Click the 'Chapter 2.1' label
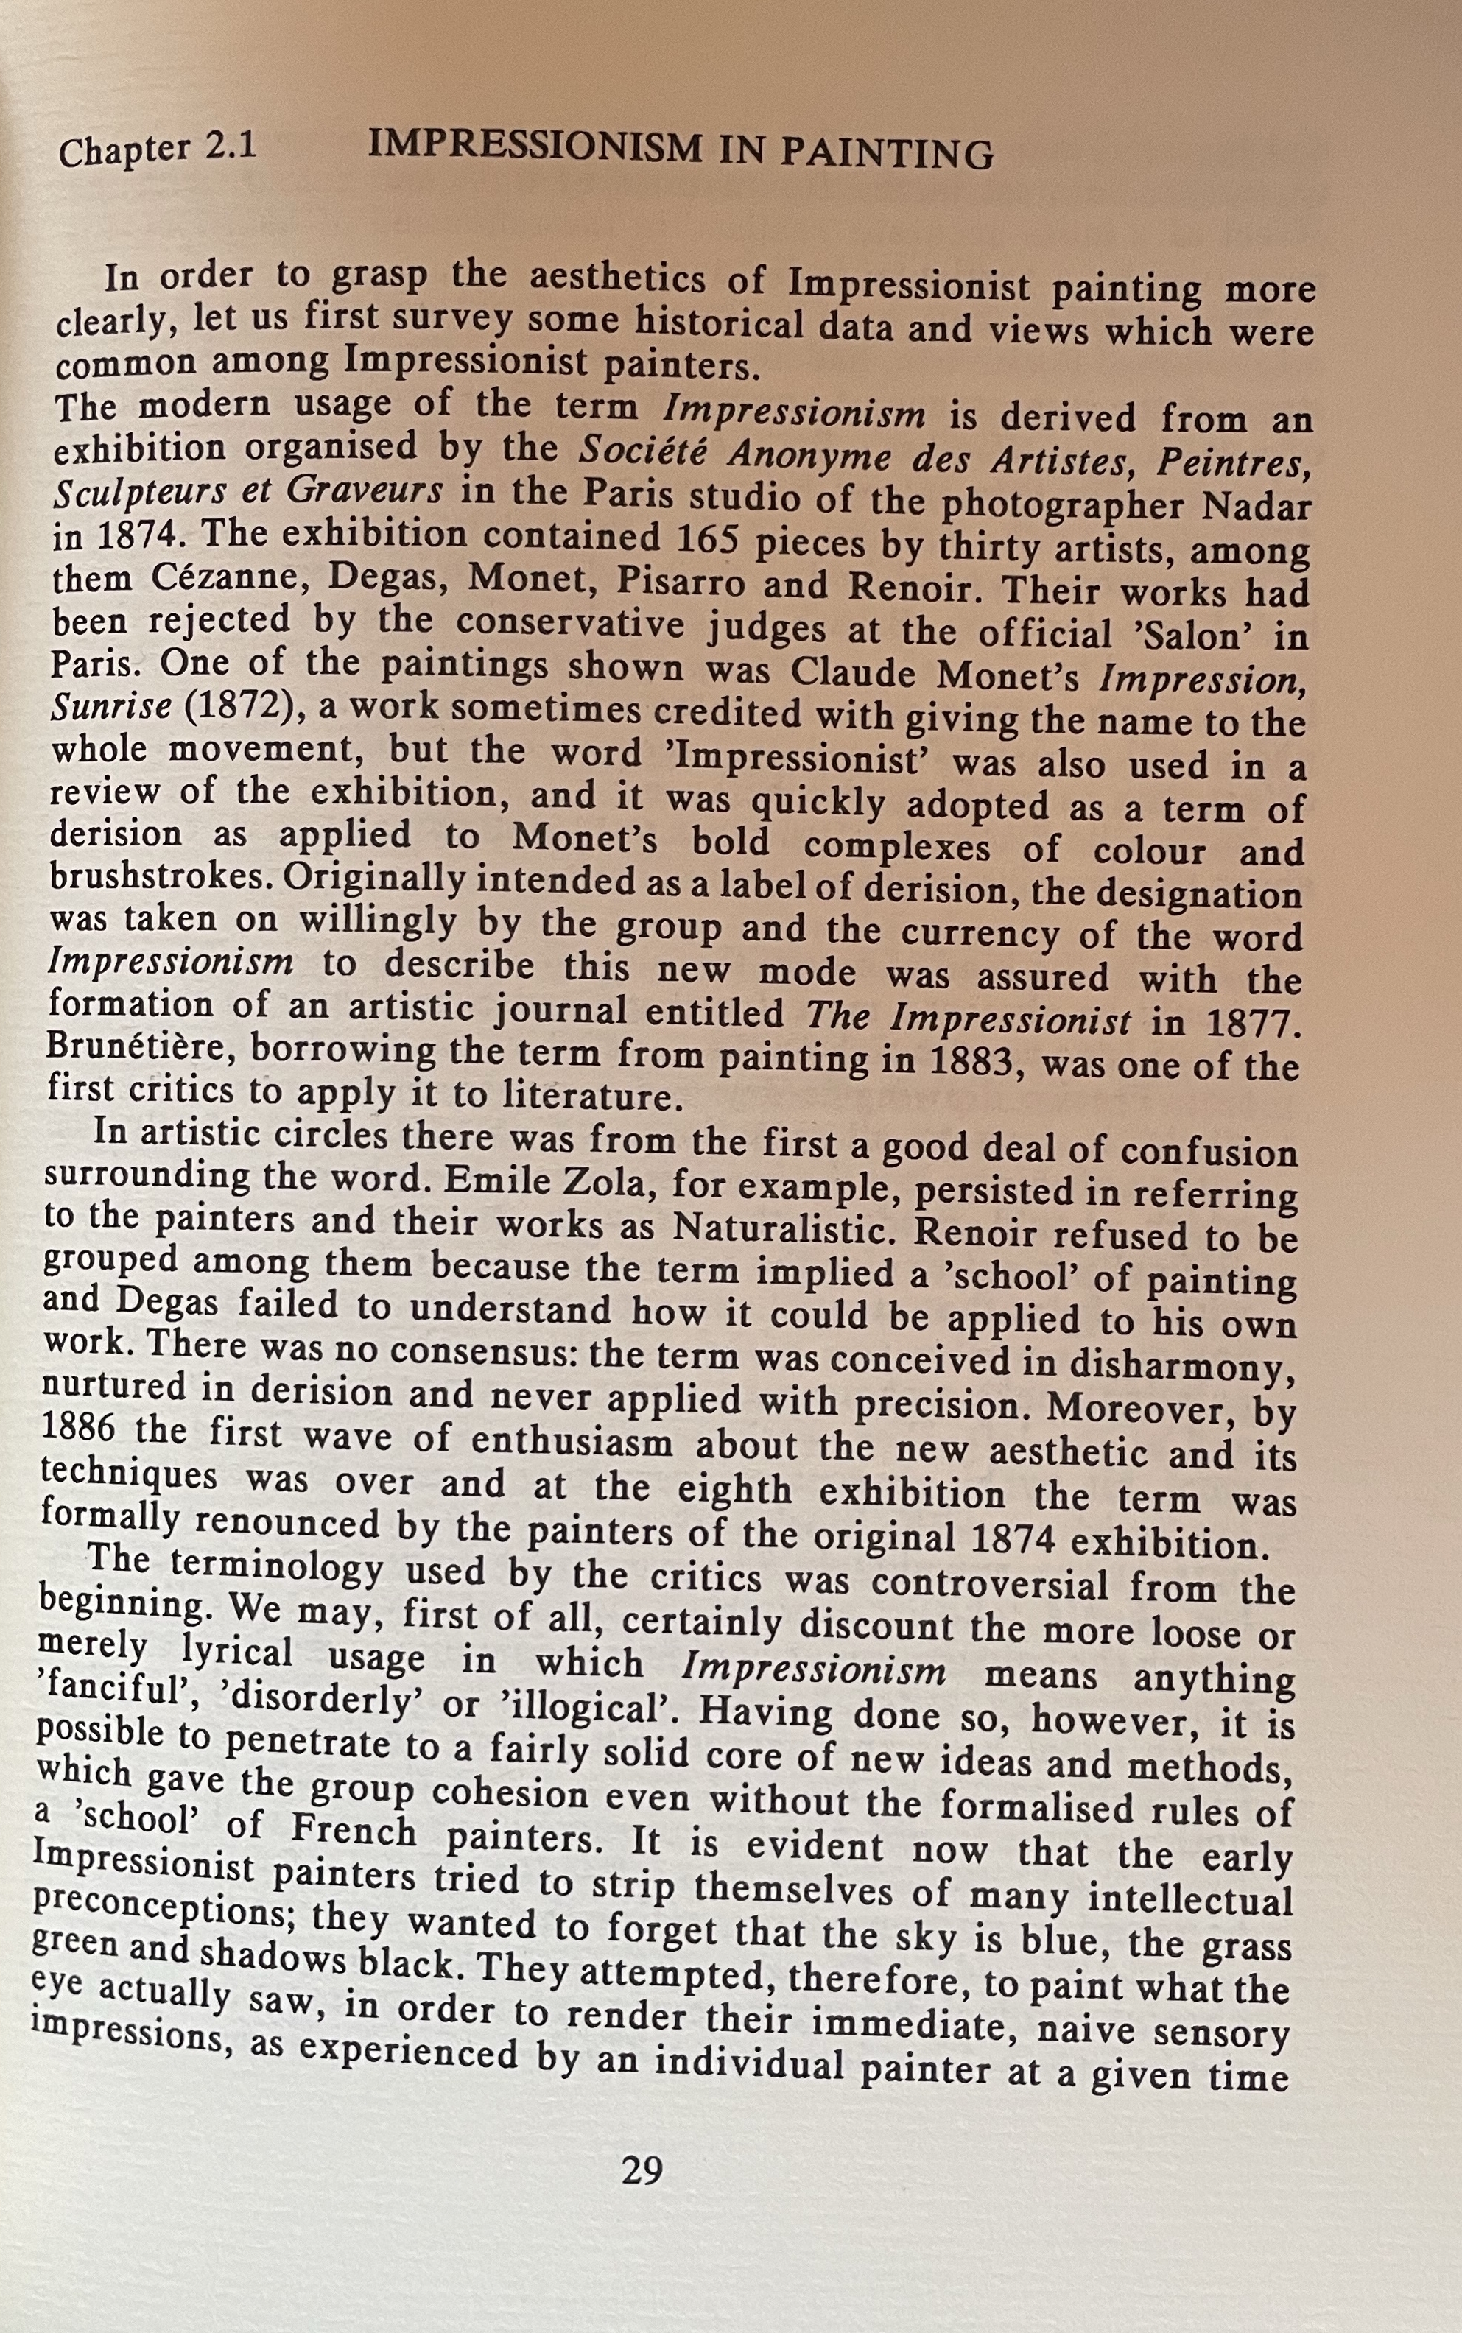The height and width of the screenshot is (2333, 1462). click(158, 149)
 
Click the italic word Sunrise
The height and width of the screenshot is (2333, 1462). click(110, 708)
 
